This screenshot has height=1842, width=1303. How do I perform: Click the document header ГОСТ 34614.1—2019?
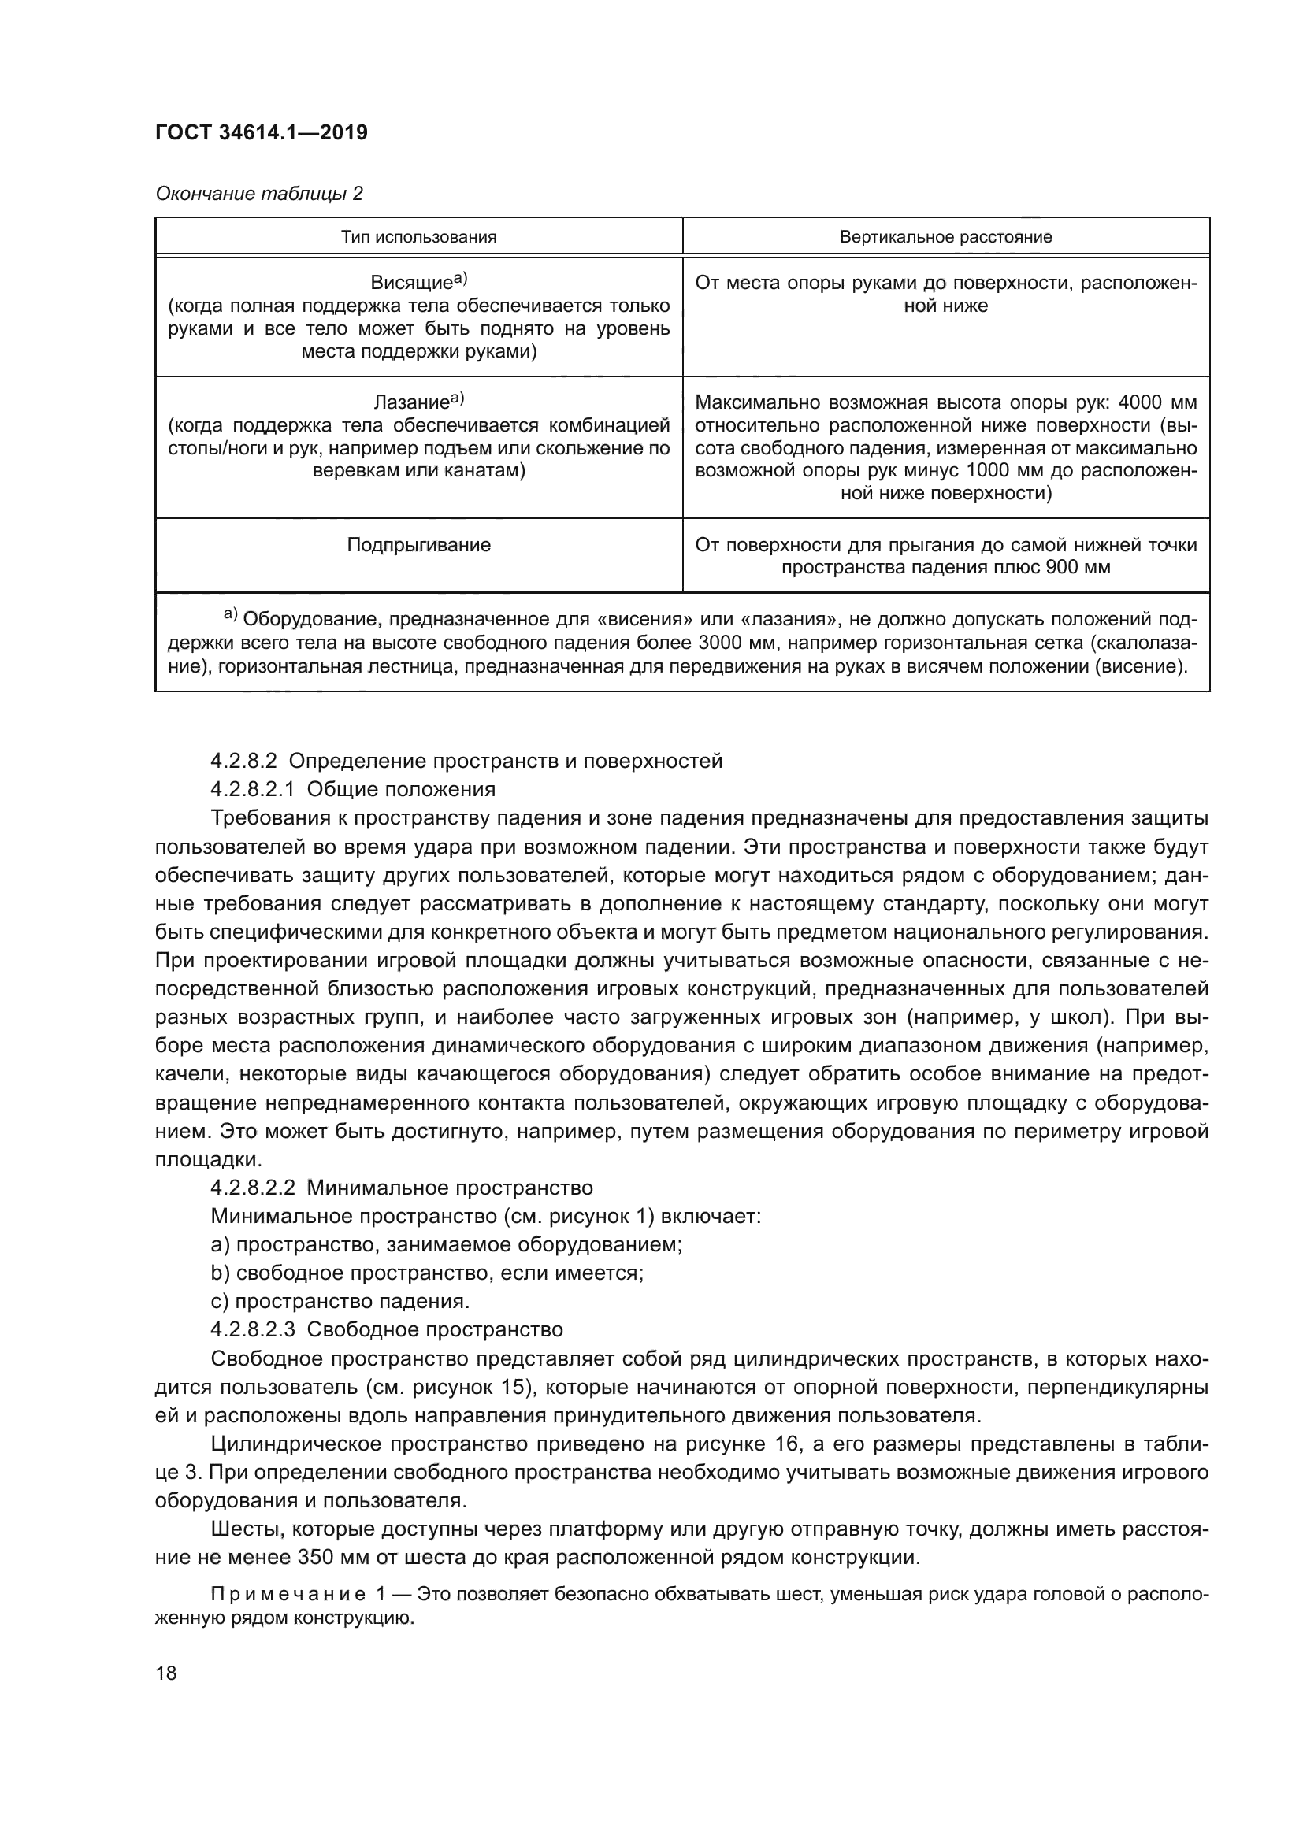[262, 133]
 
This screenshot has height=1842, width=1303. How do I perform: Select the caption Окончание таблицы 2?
[258, 194]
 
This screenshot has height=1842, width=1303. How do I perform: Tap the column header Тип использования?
[418, 237]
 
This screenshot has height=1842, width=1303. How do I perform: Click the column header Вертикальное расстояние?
[945, 237]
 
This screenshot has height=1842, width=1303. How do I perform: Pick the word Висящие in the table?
[410, 284]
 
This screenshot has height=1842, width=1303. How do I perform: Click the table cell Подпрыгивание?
[418, 546]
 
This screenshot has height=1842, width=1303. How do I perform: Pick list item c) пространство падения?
[340, 1301]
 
